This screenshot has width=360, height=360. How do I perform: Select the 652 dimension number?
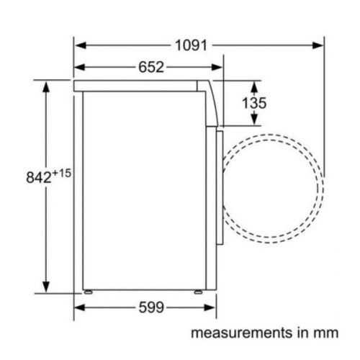150,68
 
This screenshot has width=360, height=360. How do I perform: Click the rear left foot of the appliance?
89,292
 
